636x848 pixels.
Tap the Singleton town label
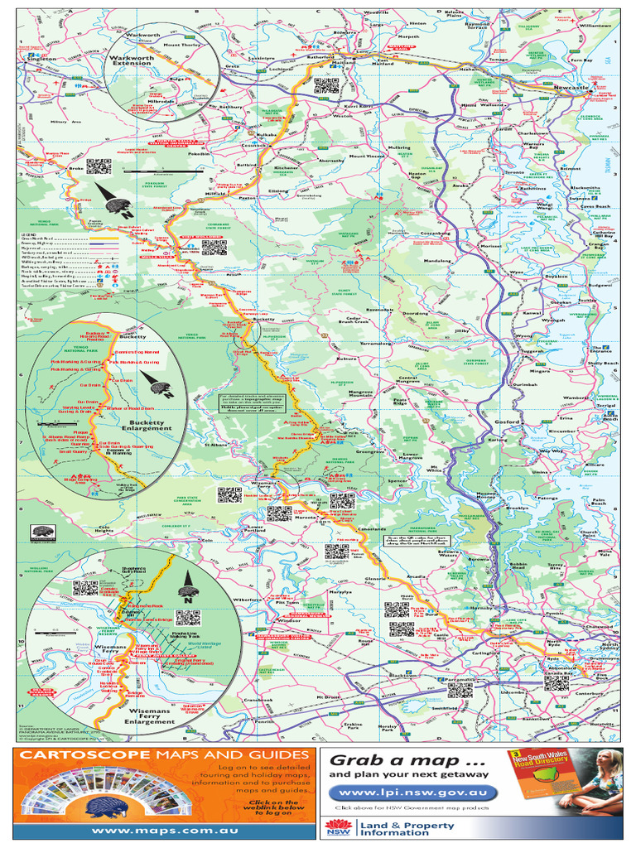click(x=41, y=60)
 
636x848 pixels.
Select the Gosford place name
click(x=506, y=422)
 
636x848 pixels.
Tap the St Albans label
click(x=216, y=445)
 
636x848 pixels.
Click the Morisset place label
click(x=491, y=246)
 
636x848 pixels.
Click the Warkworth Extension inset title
click(x=132, y=60)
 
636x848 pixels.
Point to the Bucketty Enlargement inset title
click(x=145, y=425)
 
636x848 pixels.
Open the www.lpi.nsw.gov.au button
click(x=412, y=792)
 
